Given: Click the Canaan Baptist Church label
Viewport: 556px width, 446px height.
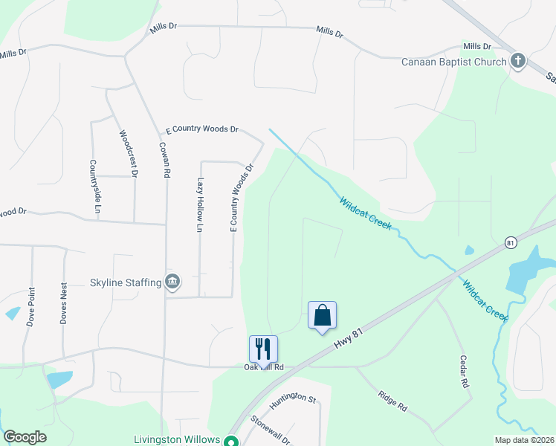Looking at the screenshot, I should click(454, 62).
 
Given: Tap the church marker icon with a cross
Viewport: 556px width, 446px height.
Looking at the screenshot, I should click(518, 62).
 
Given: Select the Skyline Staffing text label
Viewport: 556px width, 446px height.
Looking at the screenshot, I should click(126, 282).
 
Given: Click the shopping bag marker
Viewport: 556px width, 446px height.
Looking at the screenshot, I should click(322, 316).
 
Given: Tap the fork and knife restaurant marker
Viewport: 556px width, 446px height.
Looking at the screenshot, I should click(263, 349).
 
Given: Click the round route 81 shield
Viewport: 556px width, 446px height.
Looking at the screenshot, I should click(510, 243).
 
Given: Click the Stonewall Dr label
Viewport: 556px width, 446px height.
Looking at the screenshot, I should click(270, 430).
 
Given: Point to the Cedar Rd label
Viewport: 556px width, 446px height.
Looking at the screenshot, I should click(465, 372).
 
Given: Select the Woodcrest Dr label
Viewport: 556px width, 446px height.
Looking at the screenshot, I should click(129, 154).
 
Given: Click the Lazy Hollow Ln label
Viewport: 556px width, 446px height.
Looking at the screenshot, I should click(200, 205).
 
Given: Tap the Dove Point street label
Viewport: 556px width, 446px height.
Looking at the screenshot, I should click(30, 306).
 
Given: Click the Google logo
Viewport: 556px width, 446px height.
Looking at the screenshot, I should click(25, 437).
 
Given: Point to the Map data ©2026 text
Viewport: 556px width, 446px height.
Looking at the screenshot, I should click(524, 440).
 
